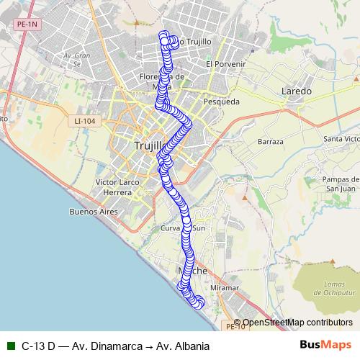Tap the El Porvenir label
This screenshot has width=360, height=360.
click(226, 64)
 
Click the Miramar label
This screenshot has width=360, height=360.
click(225, 287)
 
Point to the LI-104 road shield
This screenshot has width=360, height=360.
click(84, 121)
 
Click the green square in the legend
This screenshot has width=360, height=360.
click(11, 346)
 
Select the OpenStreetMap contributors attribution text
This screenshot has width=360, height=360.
click(298, 323)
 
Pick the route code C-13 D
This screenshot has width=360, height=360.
click(39, 346)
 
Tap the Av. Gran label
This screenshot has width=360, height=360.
click(74, 55)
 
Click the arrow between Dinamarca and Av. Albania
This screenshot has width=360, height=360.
click(149, 346)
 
